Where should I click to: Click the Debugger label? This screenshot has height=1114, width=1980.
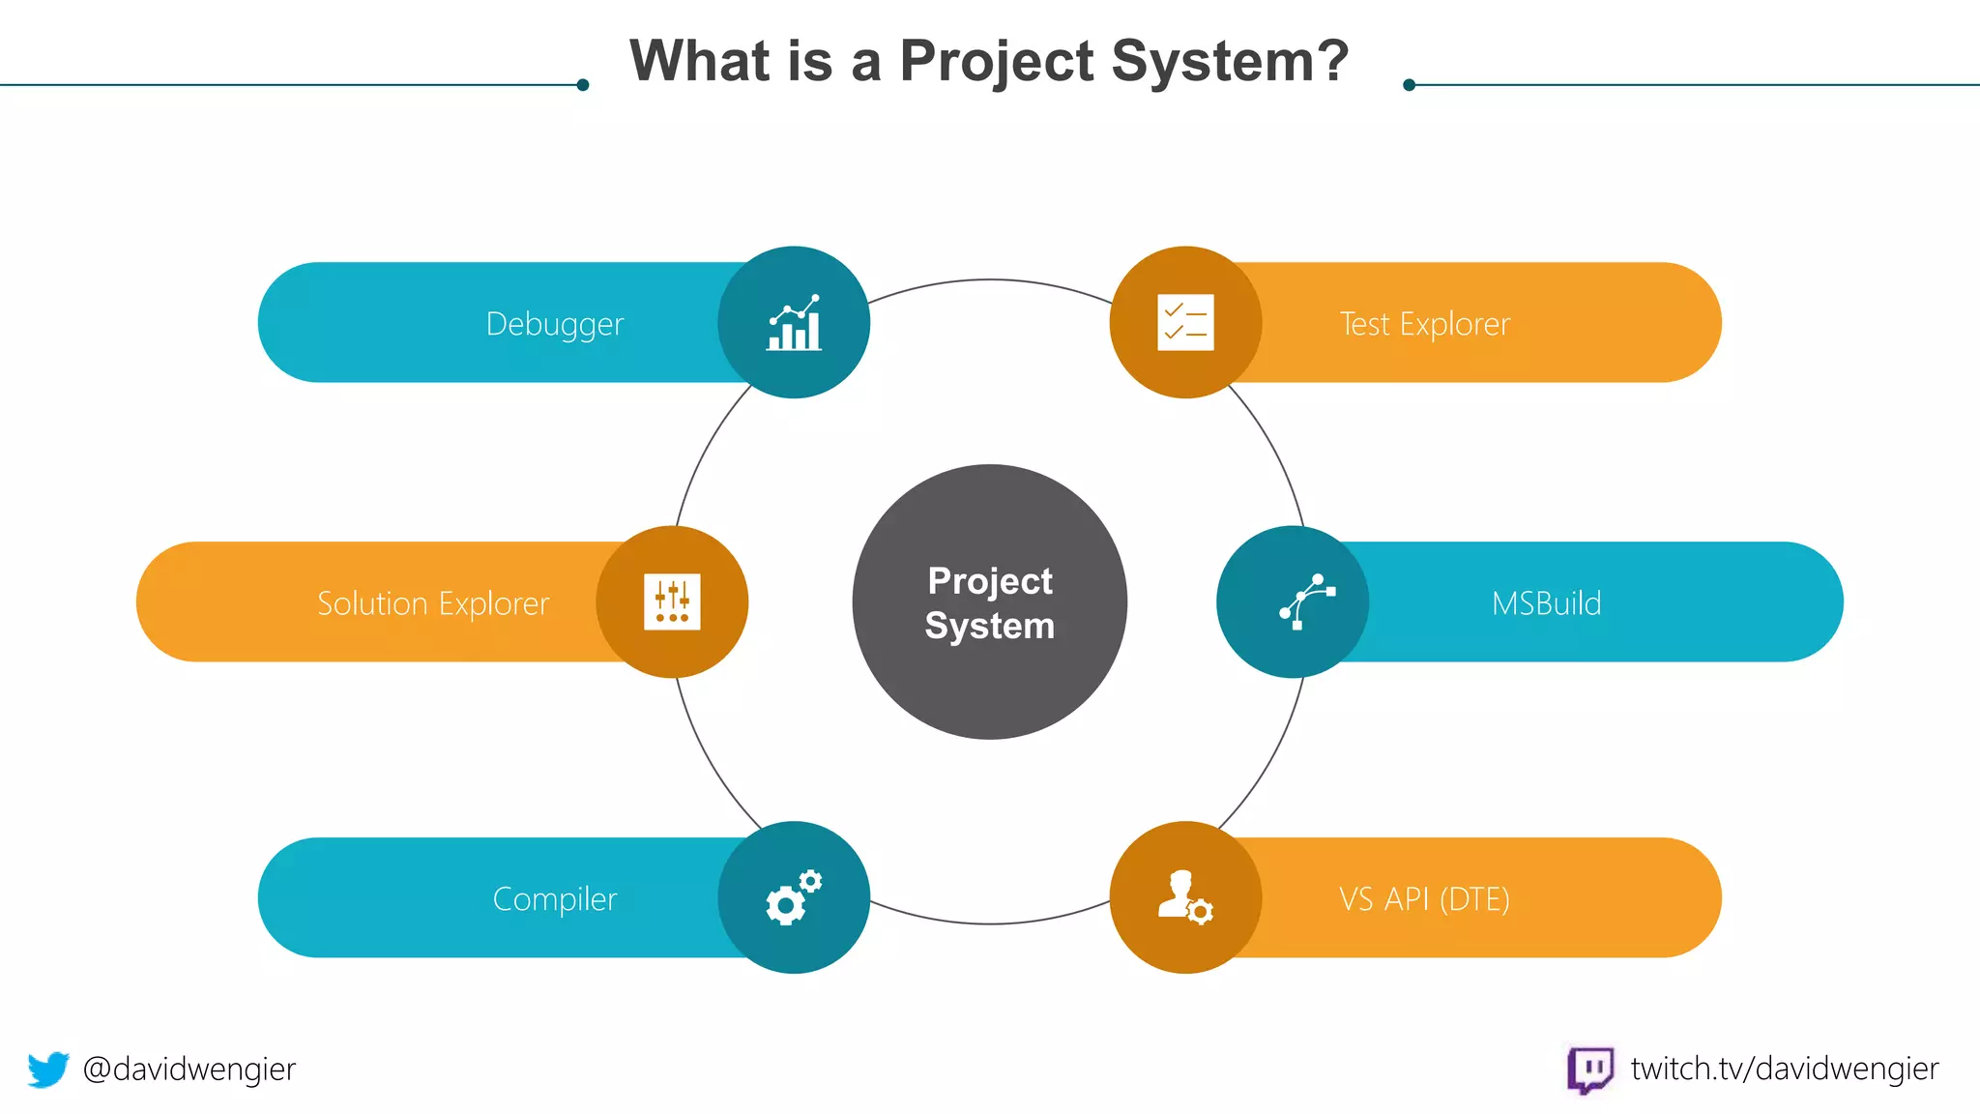554,324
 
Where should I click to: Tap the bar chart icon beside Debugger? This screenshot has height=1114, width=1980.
794,323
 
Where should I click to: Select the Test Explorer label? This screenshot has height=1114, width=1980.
1424,324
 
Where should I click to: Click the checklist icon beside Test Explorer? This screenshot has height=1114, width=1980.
1185,322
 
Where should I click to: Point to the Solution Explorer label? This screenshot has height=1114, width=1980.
433,603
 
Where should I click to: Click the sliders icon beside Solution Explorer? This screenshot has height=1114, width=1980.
672,601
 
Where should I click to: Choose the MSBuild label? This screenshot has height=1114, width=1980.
1546,603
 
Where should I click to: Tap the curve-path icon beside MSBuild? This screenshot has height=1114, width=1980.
1306,601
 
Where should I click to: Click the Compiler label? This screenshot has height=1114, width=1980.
554,899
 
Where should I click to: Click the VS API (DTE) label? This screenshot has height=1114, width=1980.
1424,899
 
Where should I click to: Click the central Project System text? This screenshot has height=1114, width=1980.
989,602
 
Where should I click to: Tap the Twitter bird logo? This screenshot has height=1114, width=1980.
48,1070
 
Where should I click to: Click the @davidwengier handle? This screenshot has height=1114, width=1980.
189,1070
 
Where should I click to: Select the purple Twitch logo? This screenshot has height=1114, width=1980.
1589,1070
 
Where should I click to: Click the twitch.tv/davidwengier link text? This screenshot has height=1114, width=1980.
1784,1070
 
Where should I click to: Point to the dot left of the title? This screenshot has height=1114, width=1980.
583,85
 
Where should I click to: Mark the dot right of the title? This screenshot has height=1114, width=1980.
1410,85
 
